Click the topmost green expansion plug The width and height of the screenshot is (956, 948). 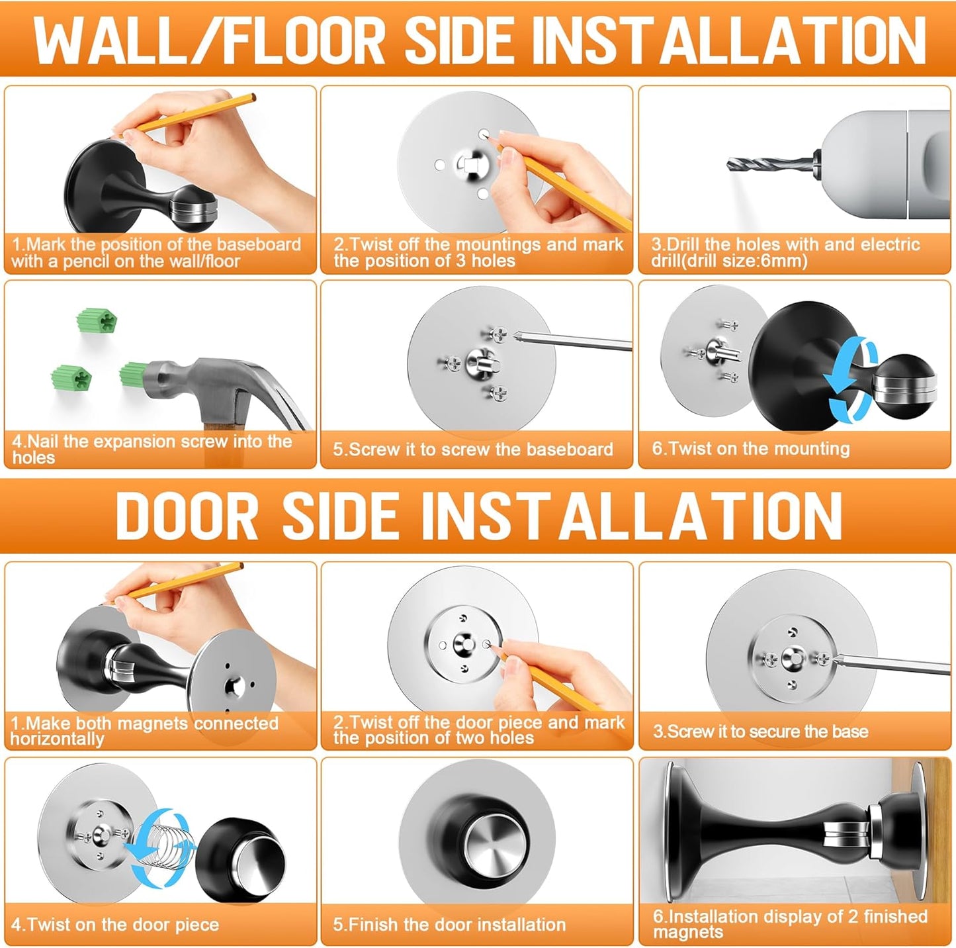point(97,320)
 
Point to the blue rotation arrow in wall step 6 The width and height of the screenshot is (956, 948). point(851,378)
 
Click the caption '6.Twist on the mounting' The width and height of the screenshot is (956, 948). point(750,449)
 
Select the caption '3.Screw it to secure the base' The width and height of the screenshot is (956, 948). point(760,732)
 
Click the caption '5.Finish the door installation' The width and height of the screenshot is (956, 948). point(449,924)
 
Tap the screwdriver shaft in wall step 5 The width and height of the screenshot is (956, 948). point(576,342)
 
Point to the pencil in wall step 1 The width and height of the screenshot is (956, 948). point(192,113)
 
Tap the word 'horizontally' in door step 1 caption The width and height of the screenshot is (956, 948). point(57,739)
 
